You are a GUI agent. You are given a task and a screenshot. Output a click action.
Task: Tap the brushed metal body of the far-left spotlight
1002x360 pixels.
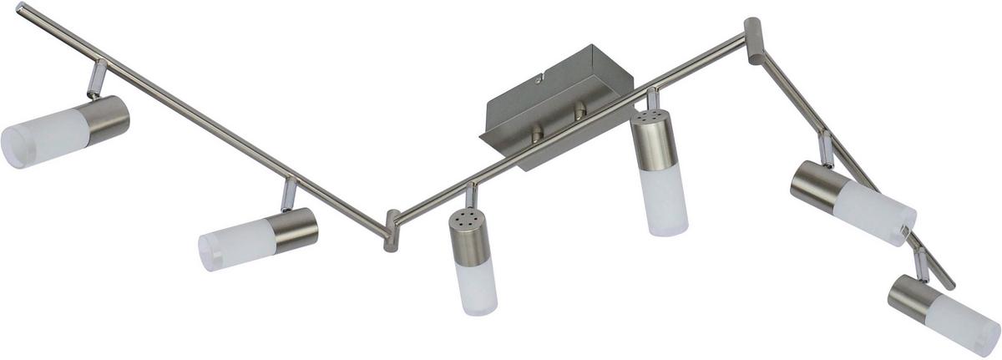(107, 119)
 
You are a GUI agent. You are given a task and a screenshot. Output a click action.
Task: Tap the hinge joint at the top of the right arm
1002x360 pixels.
(754, 39)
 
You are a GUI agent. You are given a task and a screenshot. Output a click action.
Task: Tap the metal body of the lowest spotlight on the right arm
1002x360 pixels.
(911, 297)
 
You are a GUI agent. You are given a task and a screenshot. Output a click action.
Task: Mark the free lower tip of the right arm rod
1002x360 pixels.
(950, 284)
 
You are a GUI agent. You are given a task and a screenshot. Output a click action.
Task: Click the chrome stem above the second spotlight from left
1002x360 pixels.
(288, 195)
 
